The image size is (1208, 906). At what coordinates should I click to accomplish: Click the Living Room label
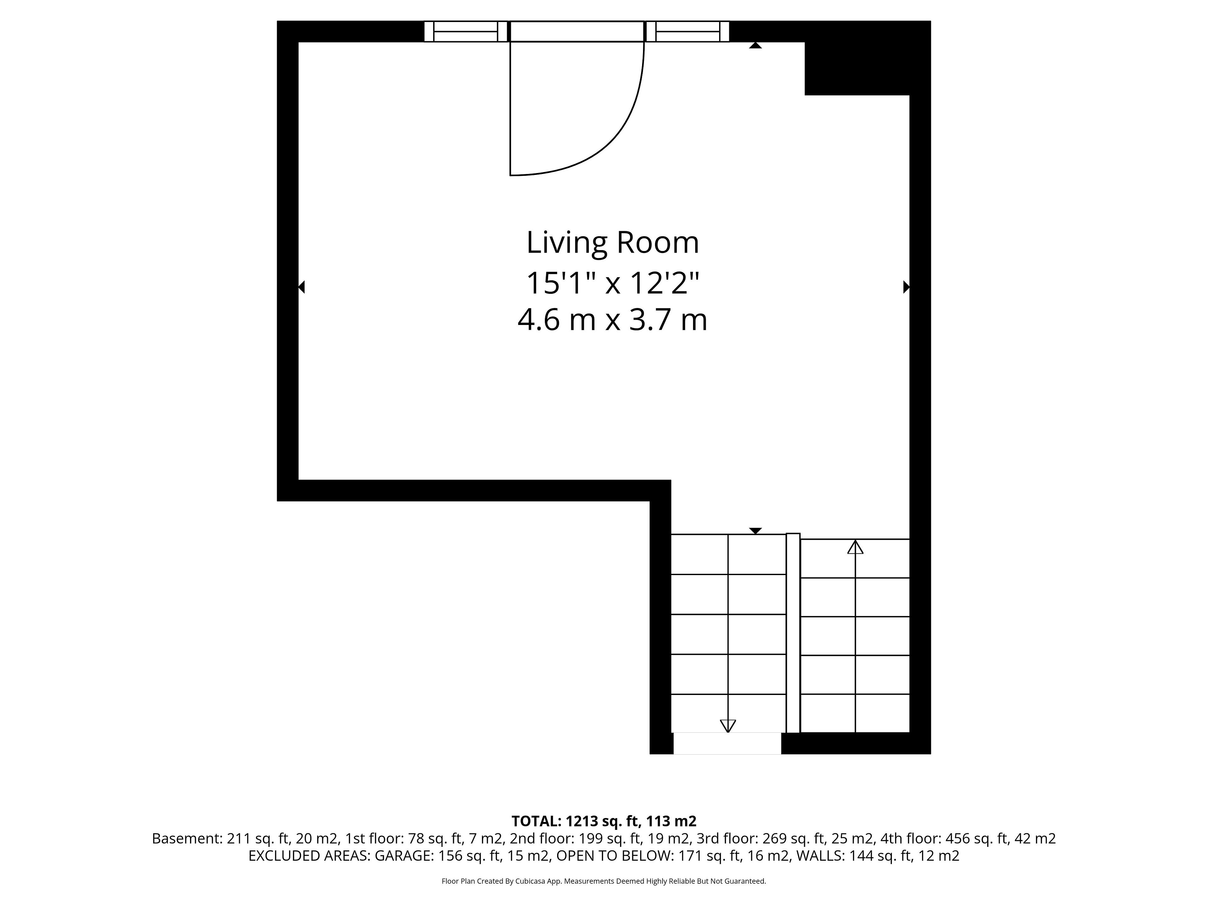[612, 243]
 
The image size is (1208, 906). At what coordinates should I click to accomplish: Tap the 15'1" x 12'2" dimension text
[612, 283]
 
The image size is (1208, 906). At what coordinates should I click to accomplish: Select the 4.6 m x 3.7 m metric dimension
[612, 320]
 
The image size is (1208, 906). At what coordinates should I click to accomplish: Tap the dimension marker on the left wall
[301, 287]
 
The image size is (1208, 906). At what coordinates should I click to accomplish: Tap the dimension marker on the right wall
[907, 287]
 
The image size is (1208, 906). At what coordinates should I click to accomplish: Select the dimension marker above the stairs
[755, 531]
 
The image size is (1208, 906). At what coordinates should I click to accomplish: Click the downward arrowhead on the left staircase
[728, 726]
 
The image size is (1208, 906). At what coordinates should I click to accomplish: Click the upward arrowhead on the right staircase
[855, 547]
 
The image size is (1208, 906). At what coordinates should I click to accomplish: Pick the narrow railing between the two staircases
[793, 633]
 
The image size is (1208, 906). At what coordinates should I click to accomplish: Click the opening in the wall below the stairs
[727, 743]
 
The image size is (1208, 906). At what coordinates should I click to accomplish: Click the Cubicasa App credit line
[603, 881]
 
